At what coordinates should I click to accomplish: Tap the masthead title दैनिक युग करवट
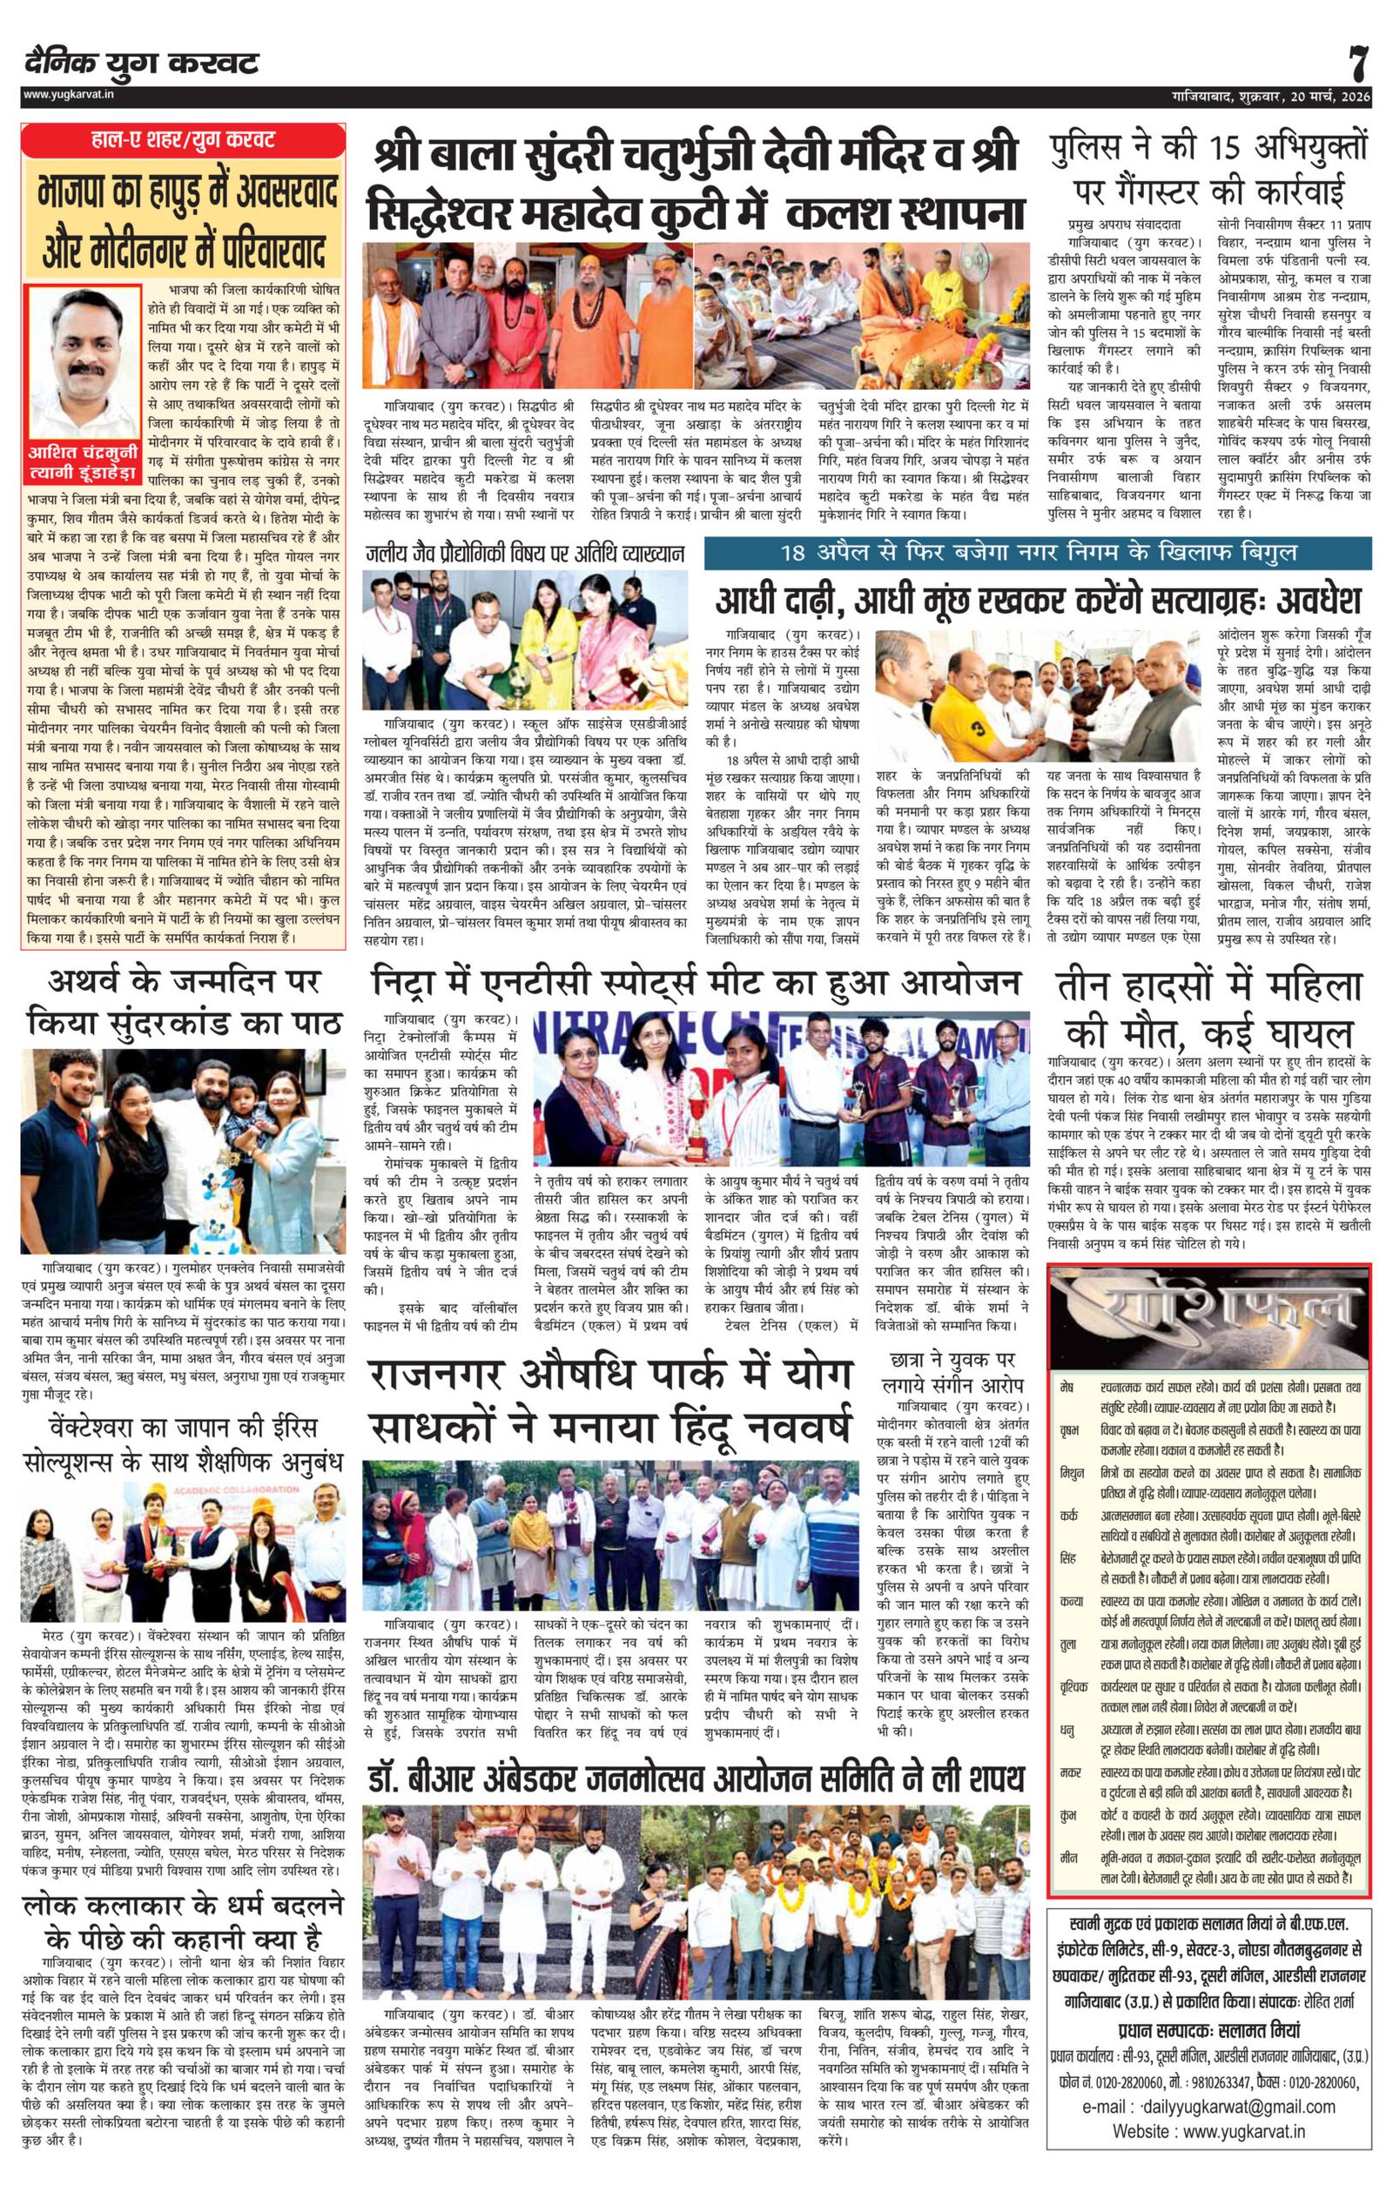142,64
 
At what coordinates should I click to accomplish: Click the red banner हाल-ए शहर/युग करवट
185,140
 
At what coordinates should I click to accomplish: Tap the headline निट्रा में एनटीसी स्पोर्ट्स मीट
696,984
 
